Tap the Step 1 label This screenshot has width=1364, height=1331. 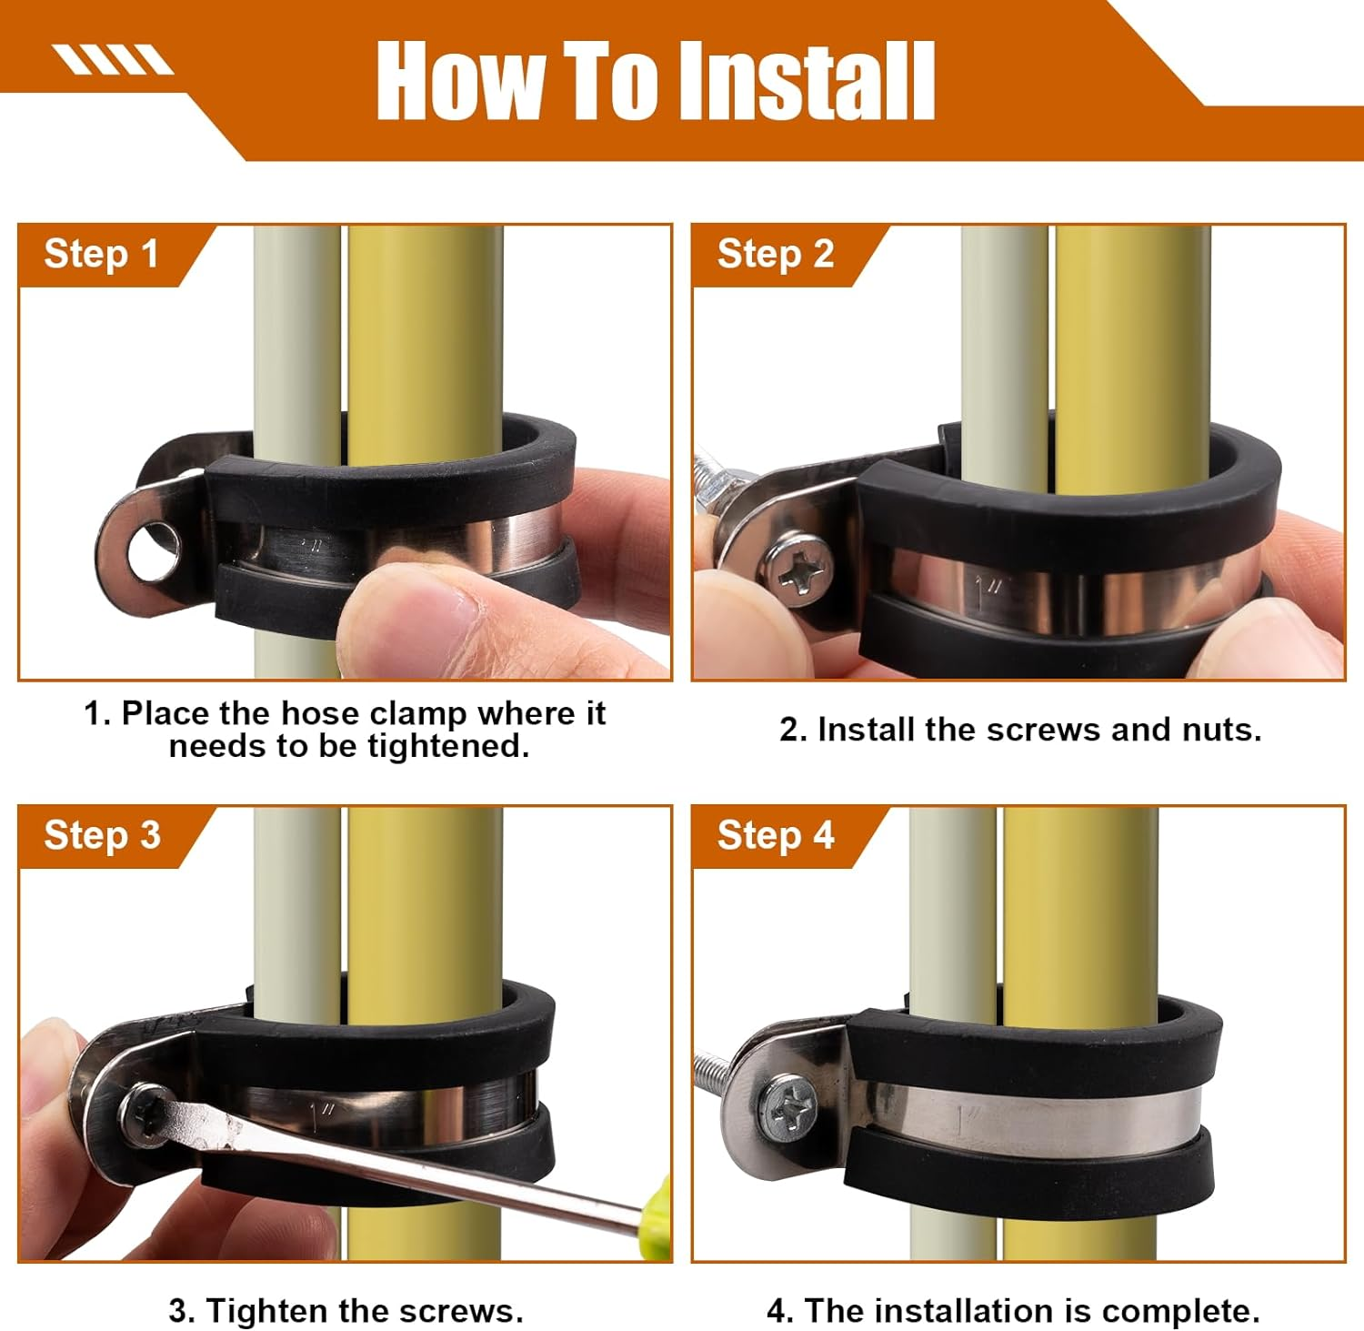(x=102, y=254)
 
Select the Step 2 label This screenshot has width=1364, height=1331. (x=776, y=254)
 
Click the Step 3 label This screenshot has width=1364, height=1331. (x=102, y=835)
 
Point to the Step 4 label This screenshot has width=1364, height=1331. (x=776, y=835)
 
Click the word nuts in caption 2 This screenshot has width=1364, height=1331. (x=1221, y=730)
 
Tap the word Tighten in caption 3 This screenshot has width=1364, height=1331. (x=267, y=1311)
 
